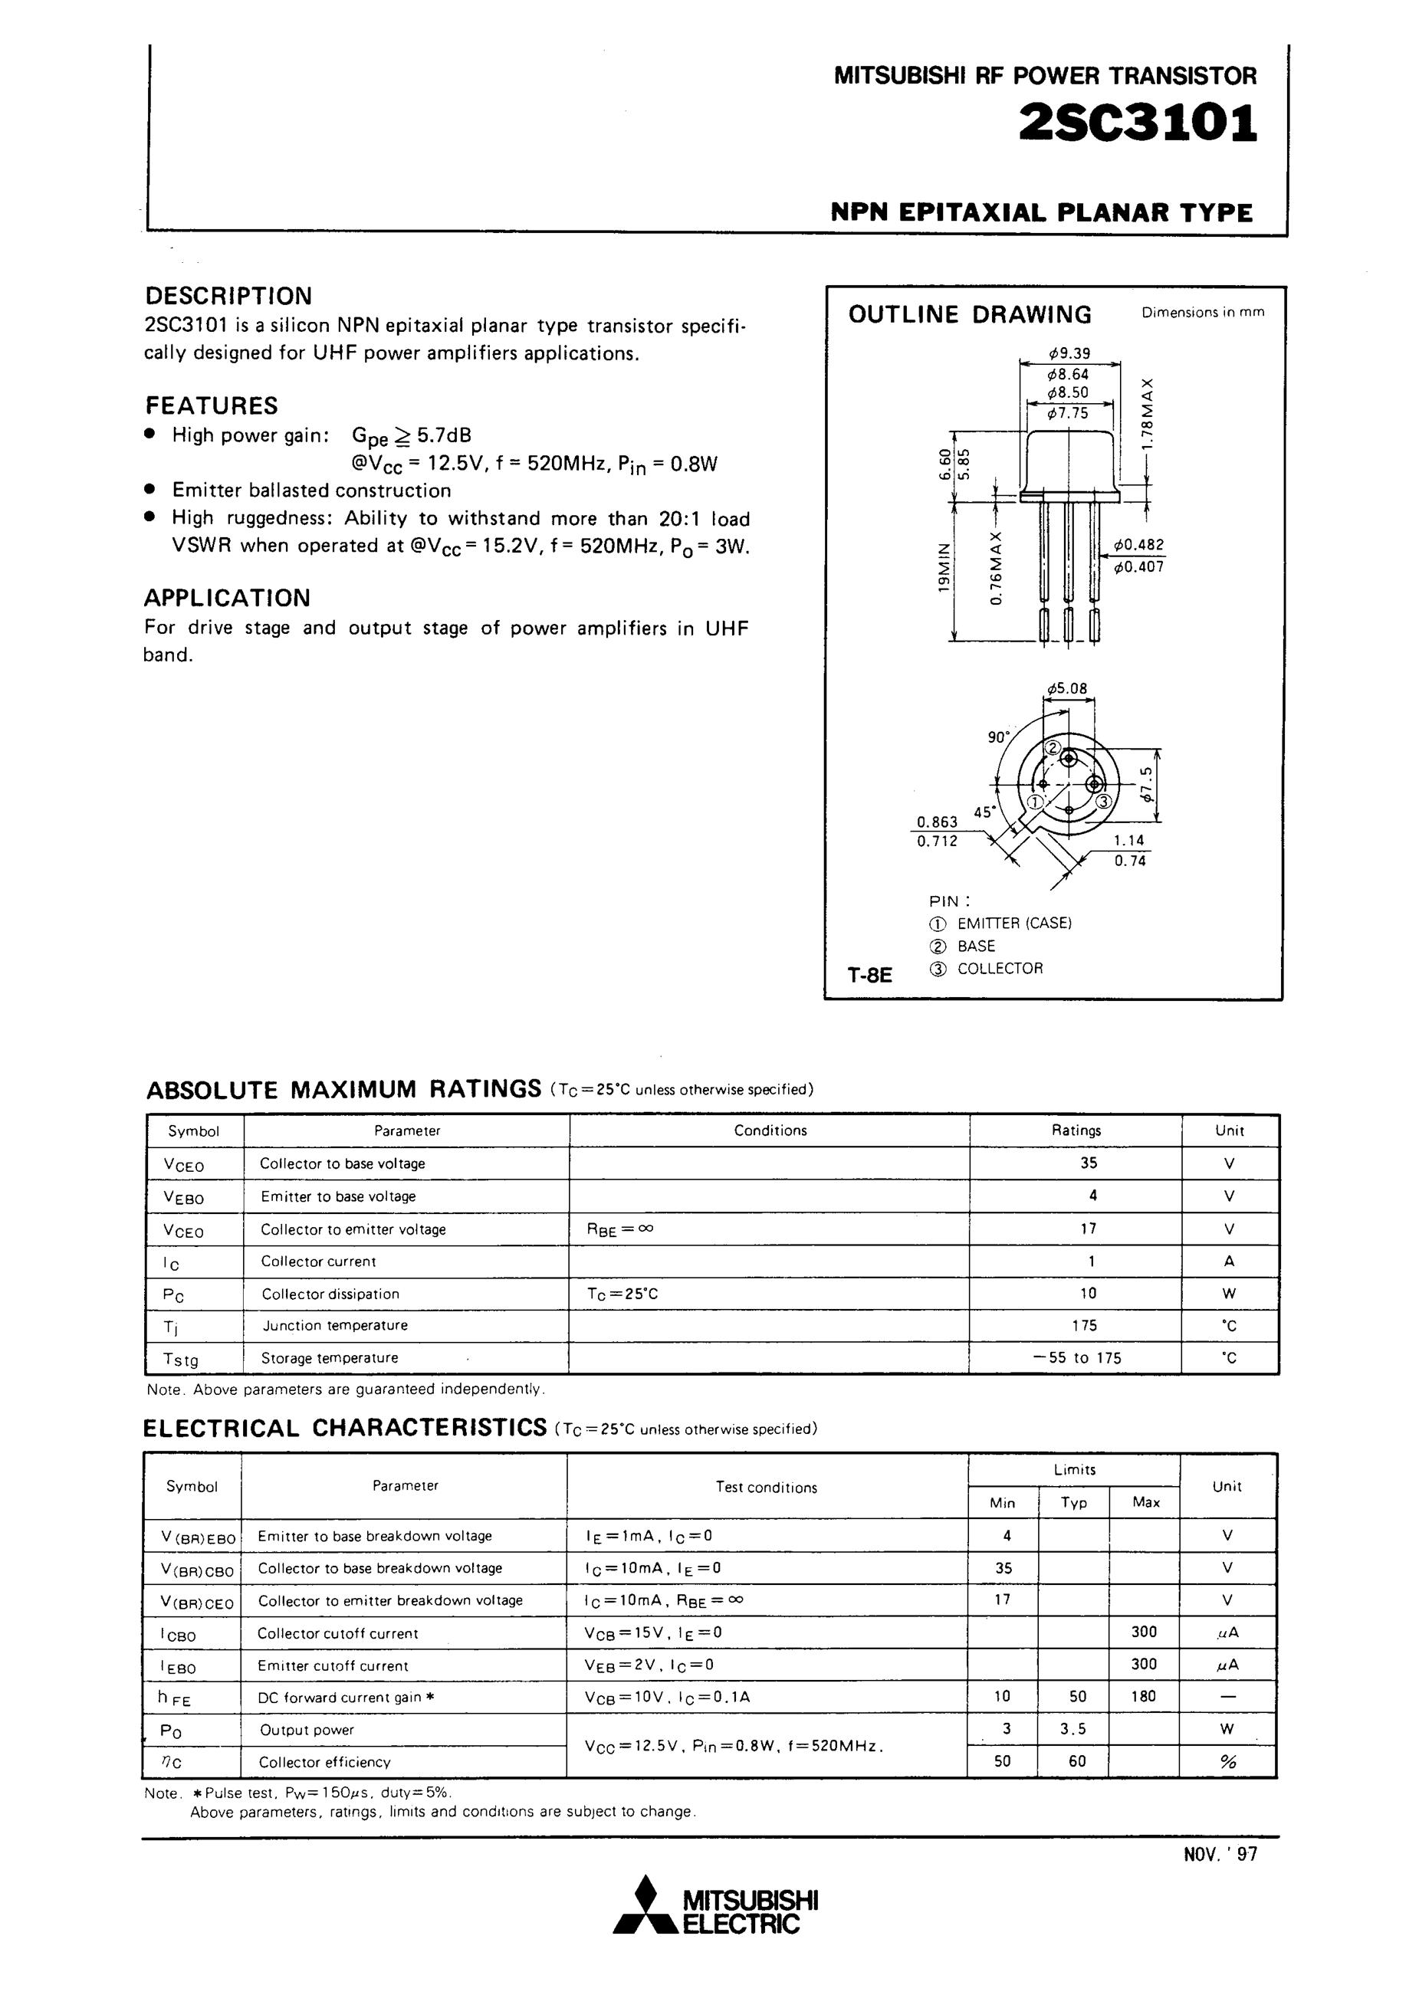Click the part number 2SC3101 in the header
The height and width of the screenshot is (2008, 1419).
tap(1138, 123)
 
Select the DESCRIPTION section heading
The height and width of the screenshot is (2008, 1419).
tap(228, 296)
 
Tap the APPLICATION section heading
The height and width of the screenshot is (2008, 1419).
tap(227, 599)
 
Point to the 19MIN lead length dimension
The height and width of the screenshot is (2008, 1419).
tap(943, 568)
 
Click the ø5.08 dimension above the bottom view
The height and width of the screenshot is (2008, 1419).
tap(1066, 688)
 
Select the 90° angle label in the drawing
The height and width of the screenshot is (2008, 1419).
tap(998, 737)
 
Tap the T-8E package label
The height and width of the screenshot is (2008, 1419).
tap(869, 974)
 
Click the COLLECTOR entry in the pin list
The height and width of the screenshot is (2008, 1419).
tap(1000, 968)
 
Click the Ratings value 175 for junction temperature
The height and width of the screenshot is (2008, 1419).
tap(1084, 1325)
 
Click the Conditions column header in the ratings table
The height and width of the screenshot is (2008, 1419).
tap(770, 1130)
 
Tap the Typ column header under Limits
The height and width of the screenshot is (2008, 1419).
tap(1073, 1501)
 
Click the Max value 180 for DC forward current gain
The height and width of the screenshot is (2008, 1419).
tap(1144, 1696)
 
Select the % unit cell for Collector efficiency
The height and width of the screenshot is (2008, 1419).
tap(1227, 1761)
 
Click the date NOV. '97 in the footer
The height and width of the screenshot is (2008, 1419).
tap(1220, 1854)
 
